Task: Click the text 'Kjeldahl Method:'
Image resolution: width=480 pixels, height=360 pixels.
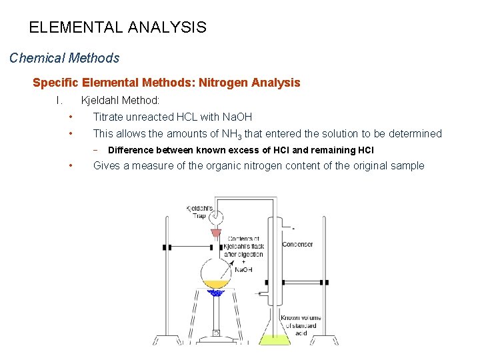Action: click(x=120, y=101)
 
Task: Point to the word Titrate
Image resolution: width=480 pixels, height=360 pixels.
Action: click(x=109, y=117)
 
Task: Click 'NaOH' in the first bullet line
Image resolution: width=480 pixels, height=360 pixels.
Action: click(x=237, y=117)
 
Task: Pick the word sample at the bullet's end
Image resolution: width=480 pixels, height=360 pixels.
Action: click(x=407, y=166)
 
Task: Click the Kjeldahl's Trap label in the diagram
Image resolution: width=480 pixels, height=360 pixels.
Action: click(x=199, y=211)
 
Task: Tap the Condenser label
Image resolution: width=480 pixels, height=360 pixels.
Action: click(x=297, y=245)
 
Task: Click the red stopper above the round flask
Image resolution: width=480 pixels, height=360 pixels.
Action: click(x=215, y=234)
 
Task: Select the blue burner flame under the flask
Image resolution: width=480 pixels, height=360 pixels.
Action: click(x=215, y=292)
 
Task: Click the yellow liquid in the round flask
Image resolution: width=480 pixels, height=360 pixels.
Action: click(x=215, y=284)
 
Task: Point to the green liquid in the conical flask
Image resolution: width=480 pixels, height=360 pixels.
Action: click(x=275, y=340)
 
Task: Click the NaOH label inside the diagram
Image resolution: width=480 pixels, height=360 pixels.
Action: click(x=243, y=269)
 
